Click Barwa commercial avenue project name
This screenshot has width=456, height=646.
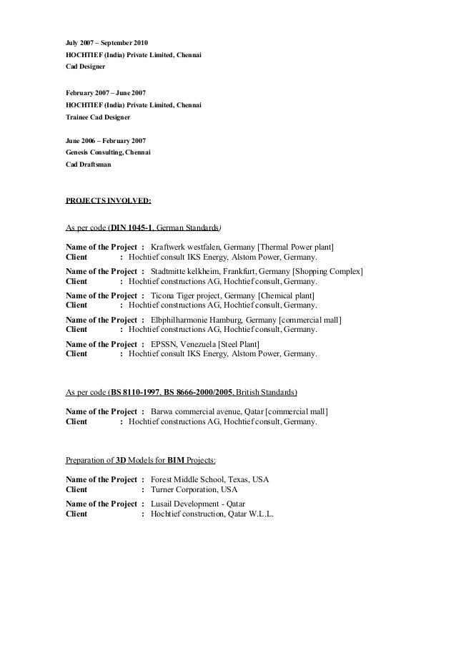(x=197, y=411)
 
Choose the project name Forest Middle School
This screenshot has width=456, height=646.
(x=192, y=479)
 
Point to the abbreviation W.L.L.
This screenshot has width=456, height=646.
(x=260, y=514)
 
